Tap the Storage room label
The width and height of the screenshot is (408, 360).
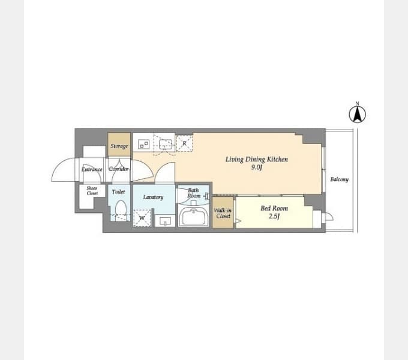point(119,146)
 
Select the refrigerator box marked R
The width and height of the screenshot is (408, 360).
point(184,143)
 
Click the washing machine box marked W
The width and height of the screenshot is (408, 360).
point(142,218)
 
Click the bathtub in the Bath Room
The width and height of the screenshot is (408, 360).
point(194,217)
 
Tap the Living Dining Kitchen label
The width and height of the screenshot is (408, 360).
point(257,159)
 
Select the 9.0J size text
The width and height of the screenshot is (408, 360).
point(257,167)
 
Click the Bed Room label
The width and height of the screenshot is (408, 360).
point(274,208)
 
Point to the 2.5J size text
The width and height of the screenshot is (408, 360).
point(274,216)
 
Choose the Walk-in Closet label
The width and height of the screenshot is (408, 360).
point(223,213)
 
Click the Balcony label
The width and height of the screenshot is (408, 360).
point(340,179)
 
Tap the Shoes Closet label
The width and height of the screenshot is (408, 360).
point(92,190)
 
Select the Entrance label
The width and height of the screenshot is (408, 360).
point(92,169)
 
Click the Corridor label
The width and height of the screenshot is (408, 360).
point(119,169)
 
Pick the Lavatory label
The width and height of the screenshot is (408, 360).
point(153,197)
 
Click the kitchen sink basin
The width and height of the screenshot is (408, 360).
point(166,144)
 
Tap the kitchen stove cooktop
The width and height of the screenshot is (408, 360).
point(143,144)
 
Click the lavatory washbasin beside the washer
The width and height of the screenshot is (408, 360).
point(165,221)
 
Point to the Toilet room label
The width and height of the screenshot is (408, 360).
point(119,192)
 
